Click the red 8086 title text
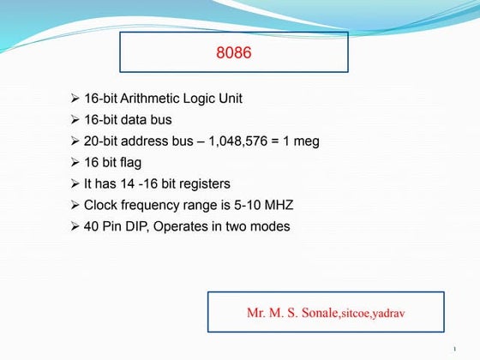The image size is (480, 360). [233, 53]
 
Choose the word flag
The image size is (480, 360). [133, 163]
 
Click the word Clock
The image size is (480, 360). [100, 206]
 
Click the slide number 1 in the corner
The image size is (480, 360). [454, 349]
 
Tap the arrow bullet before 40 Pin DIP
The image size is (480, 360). [75, 227]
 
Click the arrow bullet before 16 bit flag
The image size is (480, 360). [75, 163]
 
